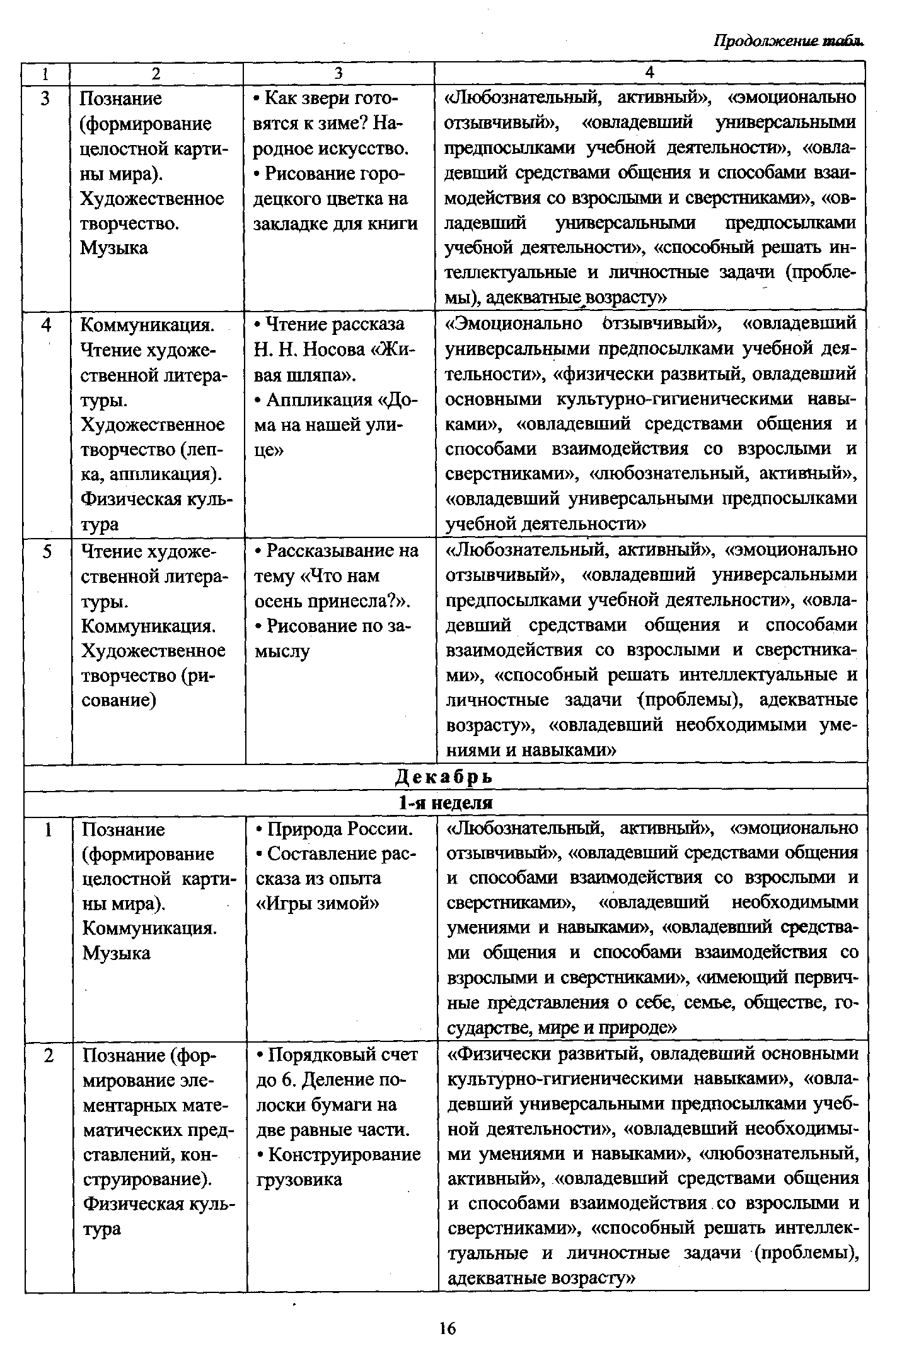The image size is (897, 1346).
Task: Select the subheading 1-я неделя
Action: point(444,803)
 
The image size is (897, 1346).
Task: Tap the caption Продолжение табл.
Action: point(788,40)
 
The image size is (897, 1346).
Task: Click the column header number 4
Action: point(650,73)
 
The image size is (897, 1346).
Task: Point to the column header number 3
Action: point(339,73)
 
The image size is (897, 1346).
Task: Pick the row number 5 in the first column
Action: point(47,551)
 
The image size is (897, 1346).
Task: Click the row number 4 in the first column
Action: point(46,325)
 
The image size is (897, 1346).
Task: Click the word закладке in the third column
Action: point(291,223)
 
